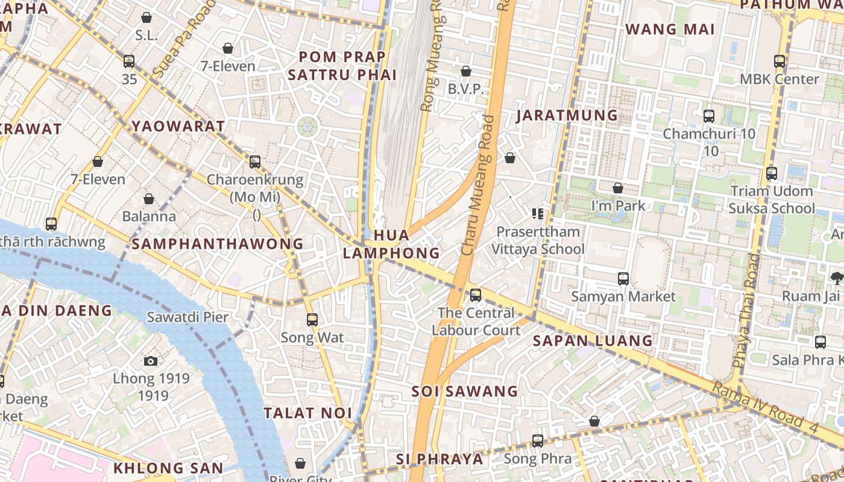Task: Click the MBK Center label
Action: [779, 79]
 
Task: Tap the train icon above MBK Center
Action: [779, 61]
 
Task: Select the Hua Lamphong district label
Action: [391, 244]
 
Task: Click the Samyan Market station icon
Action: [623, 279]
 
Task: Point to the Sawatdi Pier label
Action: [187, 317]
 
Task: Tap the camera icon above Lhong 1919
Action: [151, 361]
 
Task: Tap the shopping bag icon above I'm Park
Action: [617, 189]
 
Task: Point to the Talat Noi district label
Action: [307, 413]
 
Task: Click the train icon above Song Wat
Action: [312, 320]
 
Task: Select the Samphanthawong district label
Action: [218, 243]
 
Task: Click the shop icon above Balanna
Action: [148, 199]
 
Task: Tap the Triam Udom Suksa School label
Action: [772, 199]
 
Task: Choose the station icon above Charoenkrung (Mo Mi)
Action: [255, 162]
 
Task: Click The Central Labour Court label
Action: [476, 321]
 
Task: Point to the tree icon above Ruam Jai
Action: [836, 278]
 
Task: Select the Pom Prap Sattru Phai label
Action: [342, 66]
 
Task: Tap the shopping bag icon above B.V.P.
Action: [465, 72]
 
